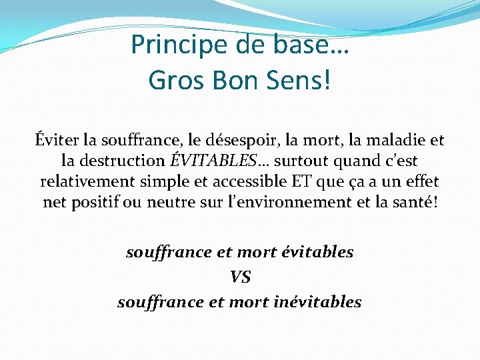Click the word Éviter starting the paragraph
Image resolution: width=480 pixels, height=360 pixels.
tap(57, 140)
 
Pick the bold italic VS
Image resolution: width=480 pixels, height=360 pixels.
tap(240, 277)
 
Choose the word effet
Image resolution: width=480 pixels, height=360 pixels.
tap(422, 181)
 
